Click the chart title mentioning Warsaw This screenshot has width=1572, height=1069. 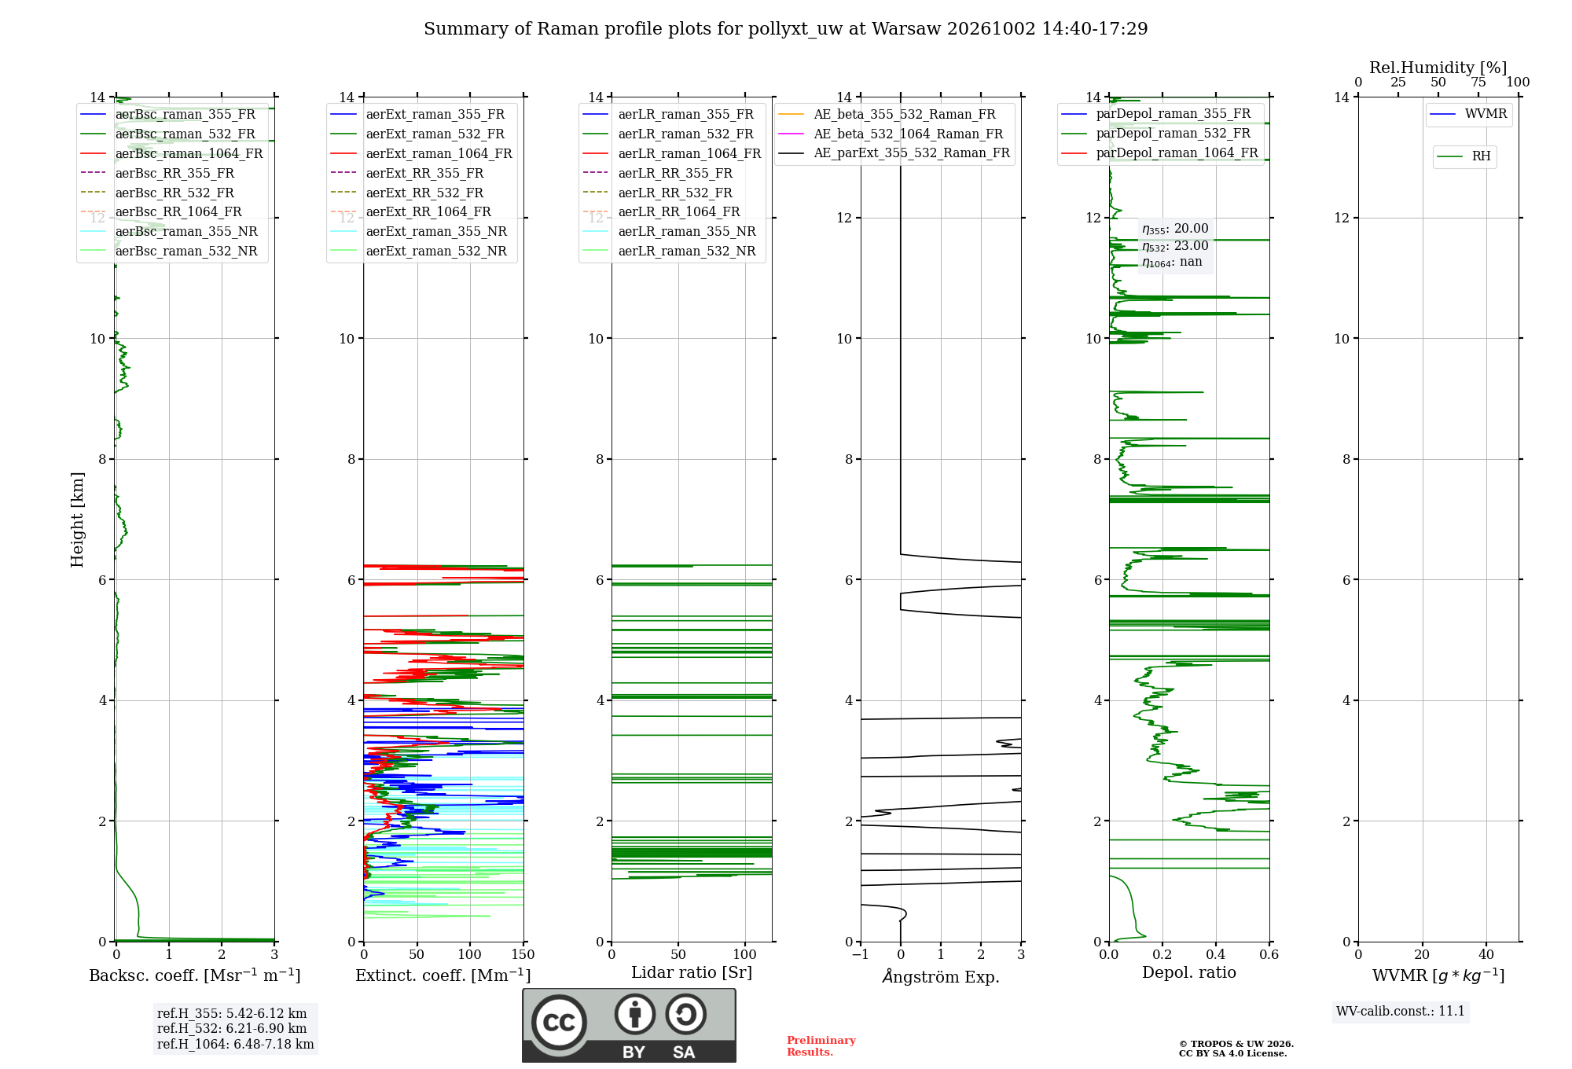tap(785, 29)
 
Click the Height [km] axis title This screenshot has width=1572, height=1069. tap(77, 520)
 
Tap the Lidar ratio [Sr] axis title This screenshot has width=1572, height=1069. tap(692, 973)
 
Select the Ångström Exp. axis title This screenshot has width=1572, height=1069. tap(941, 976)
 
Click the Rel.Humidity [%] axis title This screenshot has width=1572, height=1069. tap(1438, 68)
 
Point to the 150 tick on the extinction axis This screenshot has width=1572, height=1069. tap(523, 955)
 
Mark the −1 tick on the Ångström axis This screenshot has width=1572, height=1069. tap(861, 955)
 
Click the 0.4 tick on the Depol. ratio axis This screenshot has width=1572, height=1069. tap(1216, 955)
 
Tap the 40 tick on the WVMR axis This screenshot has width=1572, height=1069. tap(1486, 955)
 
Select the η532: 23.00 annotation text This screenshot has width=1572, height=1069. tap(1175, 246)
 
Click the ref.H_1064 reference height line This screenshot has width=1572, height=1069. tap(236, 1044)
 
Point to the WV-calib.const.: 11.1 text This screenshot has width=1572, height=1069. tap(1401, 1011)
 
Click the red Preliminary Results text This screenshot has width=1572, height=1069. tap(821, 1046)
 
